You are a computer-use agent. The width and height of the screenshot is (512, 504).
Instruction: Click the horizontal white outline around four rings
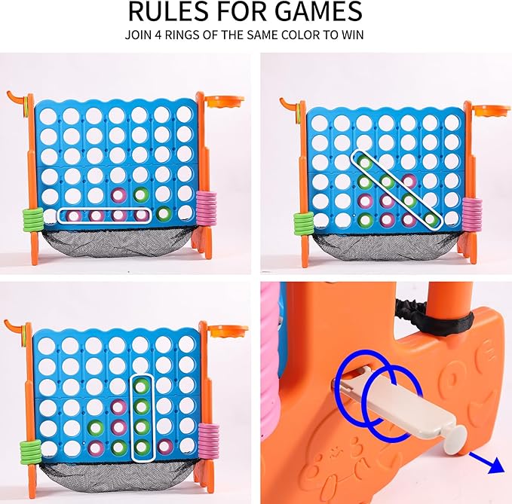[x=105, y=215]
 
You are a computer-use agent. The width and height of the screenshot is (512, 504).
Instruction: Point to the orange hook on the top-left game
[x=15, y=98]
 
